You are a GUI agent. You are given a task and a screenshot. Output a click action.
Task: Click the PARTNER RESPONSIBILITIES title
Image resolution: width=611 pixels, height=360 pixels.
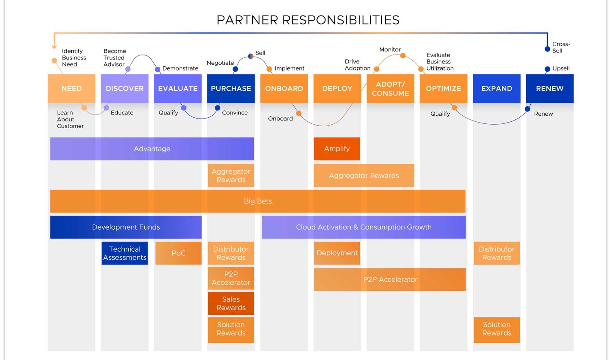pos(308,20)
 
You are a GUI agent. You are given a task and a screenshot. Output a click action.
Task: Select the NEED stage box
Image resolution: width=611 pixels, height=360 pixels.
pos(71,88)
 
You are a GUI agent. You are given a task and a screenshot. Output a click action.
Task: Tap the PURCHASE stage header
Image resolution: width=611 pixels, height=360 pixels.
pos(231,88)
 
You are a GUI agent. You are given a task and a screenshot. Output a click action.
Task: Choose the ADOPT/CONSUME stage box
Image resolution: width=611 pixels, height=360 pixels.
pos(390,88)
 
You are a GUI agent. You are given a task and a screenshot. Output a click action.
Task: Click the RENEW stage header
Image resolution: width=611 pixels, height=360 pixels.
pos(549,88)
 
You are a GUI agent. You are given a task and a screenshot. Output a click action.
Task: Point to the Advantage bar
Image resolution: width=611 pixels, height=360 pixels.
pos(152,149)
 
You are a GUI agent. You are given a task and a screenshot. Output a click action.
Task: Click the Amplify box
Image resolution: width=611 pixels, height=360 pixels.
pos(337,149)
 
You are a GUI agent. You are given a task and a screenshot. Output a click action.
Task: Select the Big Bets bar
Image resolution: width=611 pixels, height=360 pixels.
pos(258,201)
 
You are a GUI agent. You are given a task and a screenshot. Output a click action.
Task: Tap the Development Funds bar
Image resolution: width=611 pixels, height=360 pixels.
pos(126,227)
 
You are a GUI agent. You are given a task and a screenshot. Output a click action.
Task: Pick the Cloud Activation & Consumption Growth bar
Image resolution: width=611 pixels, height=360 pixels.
pos(364,227)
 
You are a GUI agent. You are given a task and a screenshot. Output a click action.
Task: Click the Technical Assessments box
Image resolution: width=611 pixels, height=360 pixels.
pos(125,253)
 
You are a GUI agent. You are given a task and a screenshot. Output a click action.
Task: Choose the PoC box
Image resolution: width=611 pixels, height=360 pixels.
pos(178,253)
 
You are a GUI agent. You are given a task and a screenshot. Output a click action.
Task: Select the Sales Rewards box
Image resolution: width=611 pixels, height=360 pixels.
pos(231,303)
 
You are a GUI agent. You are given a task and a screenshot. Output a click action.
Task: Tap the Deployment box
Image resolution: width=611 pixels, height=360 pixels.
pos(337,253)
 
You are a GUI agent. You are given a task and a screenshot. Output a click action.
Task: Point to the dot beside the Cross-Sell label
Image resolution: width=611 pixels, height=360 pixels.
pos(547,49)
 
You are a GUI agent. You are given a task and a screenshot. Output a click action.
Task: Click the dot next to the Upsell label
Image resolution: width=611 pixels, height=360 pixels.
pos(547,69)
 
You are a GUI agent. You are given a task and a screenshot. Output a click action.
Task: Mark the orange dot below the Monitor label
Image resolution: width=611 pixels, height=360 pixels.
pos(402,56)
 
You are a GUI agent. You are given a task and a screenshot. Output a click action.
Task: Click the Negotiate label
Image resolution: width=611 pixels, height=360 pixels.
pos(220,63)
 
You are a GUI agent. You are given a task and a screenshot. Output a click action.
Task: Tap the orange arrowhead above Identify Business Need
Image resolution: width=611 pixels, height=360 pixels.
pos(54,47)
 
